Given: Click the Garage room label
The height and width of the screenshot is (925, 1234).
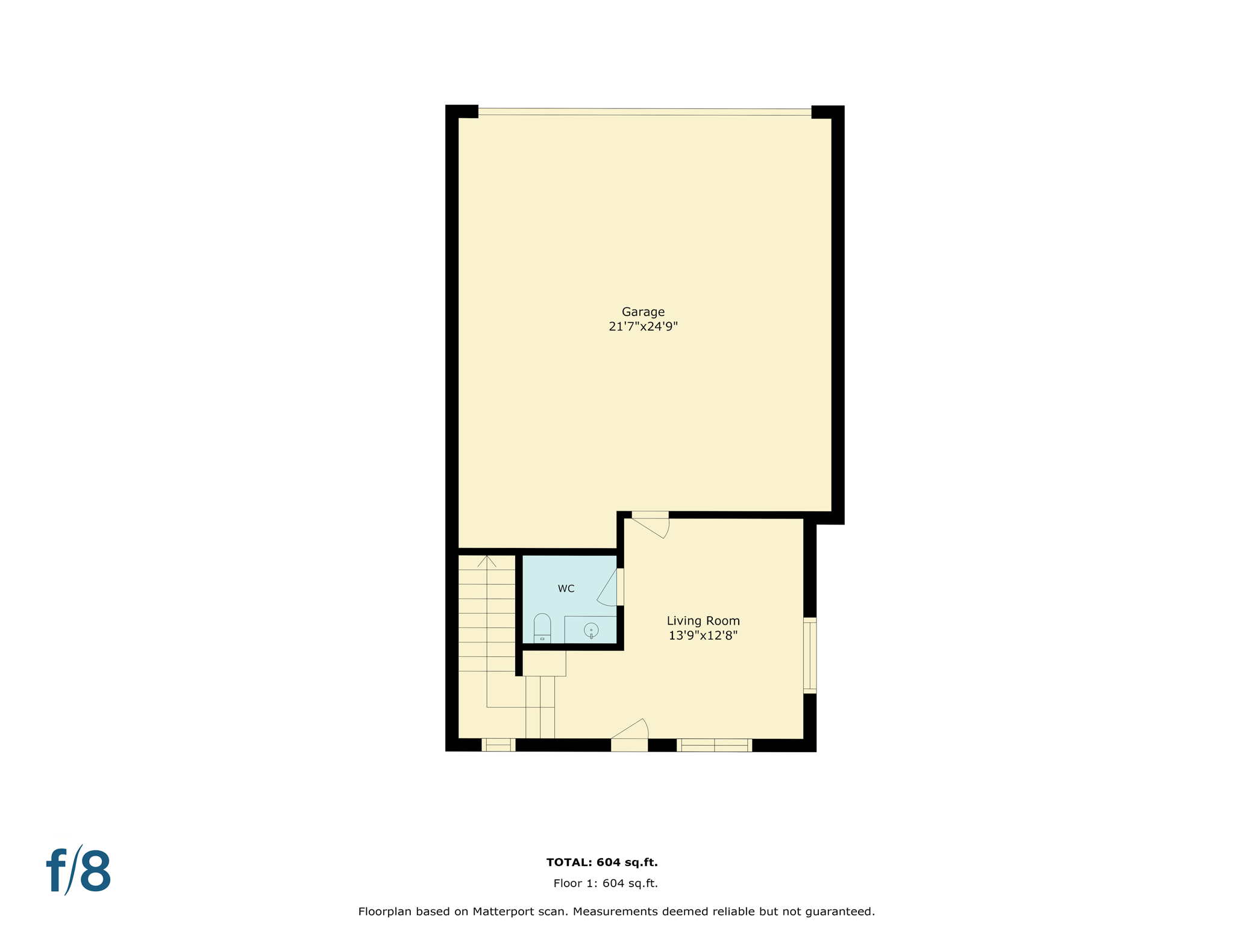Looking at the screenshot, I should (x=643, y=312).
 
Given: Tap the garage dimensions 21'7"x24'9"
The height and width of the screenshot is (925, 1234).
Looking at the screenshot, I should (x=643, y=327).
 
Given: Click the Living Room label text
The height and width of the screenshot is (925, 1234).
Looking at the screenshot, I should (x=703, y=621).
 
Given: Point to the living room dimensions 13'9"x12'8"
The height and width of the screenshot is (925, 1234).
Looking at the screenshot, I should (x=703, y=635).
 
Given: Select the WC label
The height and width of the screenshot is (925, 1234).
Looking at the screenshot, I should (x=566, y=589).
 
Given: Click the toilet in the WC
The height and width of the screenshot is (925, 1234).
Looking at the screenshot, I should (x=542, y=628).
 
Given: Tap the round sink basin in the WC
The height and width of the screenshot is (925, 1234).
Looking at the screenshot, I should (x=591, y=631).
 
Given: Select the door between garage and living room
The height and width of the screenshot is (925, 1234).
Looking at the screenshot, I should (x=651, y=523).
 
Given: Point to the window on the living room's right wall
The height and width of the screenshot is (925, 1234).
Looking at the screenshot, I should (x=810, y=655).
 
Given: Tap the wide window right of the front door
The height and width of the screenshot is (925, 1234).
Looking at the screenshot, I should (x=715, y=746).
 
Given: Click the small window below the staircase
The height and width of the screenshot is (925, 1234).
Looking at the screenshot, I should (x=498, y=745).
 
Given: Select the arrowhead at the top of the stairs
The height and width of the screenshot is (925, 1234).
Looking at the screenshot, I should (x=487, y=561).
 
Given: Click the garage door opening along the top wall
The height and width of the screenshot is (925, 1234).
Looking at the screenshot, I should (x=645, y=111).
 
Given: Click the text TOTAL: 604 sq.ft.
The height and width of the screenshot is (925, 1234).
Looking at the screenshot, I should (x=602, y=862).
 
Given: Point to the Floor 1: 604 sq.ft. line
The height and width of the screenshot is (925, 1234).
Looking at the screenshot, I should (x=606, y=883).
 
